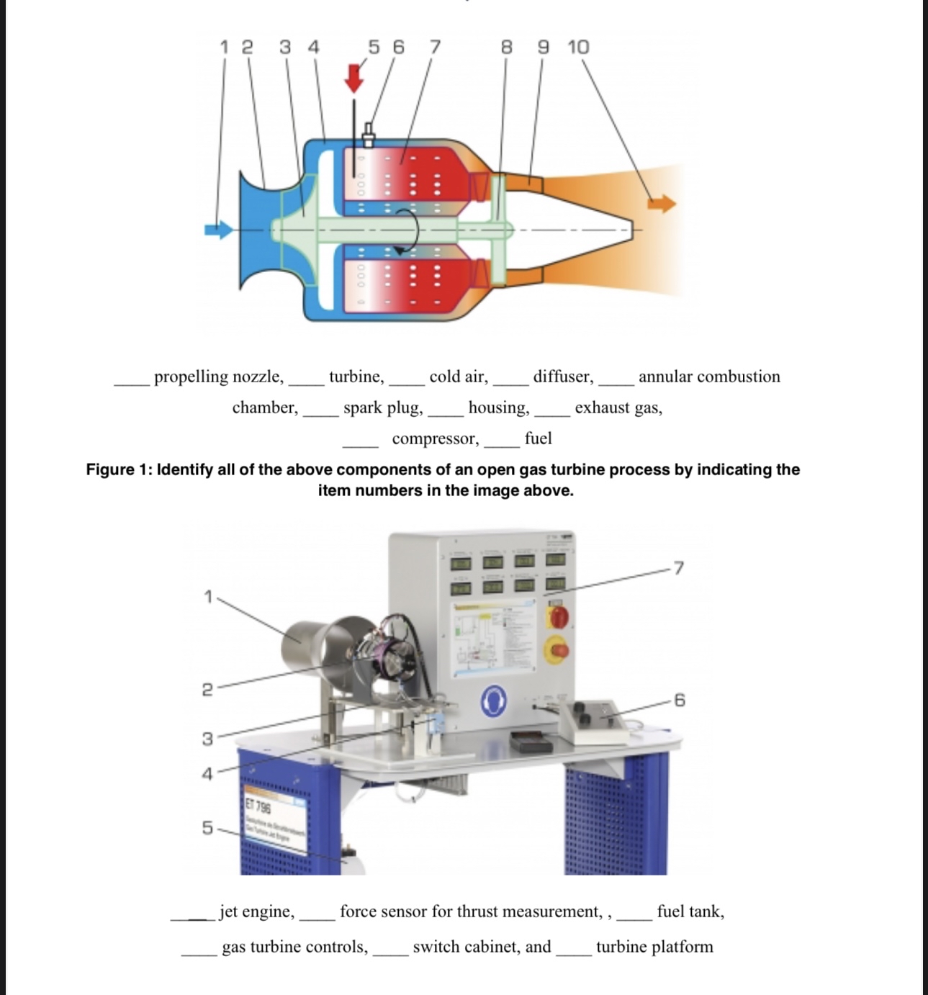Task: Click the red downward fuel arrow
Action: [354, 78]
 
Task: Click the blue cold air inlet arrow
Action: [218, 230]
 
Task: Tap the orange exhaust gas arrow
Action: [662, 203]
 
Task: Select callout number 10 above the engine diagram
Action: [578, 48]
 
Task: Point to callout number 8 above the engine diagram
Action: [507, 48]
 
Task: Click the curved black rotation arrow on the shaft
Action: [407, 231]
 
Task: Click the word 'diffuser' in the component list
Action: [563, 377]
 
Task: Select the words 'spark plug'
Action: [383, 408]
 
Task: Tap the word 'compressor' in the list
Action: [435, 438]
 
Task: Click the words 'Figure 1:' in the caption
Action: [119, 469]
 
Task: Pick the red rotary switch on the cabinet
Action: [558, 617]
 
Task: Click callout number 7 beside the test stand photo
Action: [678, 568]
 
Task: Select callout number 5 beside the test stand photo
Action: [207, 827]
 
